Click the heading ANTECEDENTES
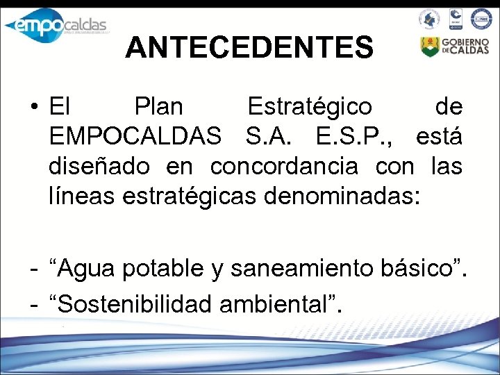[249, 47]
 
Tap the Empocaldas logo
[55, 25]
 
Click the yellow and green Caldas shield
[430, 47]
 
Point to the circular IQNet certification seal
[481, 19]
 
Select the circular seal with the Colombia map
[429, 19]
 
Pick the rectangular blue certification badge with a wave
[455, 19]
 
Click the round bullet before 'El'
[33, 108]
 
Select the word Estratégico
[310, 107]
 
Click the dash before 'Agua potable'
[33, 267]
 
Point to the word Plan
[159, 107]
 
